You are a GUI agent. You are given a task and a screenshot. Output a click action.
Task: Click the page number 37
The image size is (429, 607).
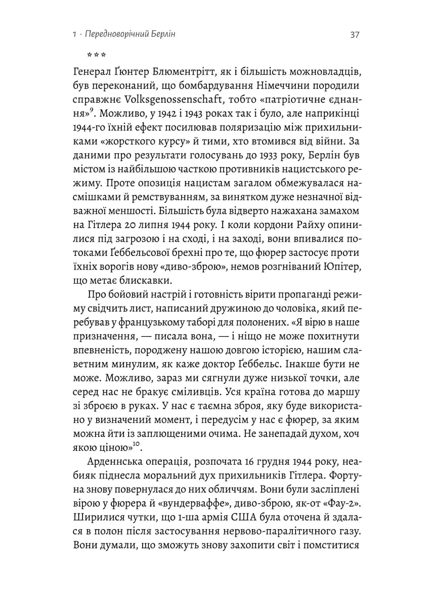(x=354, y=35)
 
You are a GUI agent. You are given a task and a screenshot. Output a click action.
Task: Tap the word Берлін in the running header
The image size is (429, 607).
(x=167, y=35)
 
